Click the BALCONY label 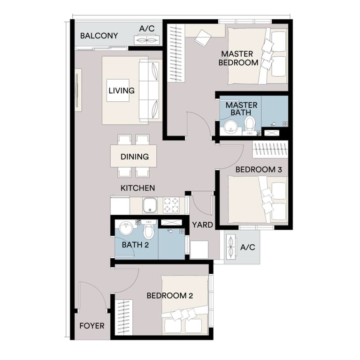99,36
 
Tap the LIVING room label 121,90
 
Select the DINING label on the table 134,157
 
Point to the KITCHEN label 138,188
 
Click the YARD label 202,225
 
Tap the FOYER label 92,326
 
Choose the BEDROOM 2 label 170,296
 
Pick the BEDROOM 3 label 259,170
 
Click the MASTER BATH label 241,109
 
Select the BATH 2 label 135,244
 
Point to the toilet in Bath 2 149,230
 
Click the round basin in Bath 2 126,229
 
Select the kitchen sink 150,205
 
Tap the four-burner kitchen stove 172,204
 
